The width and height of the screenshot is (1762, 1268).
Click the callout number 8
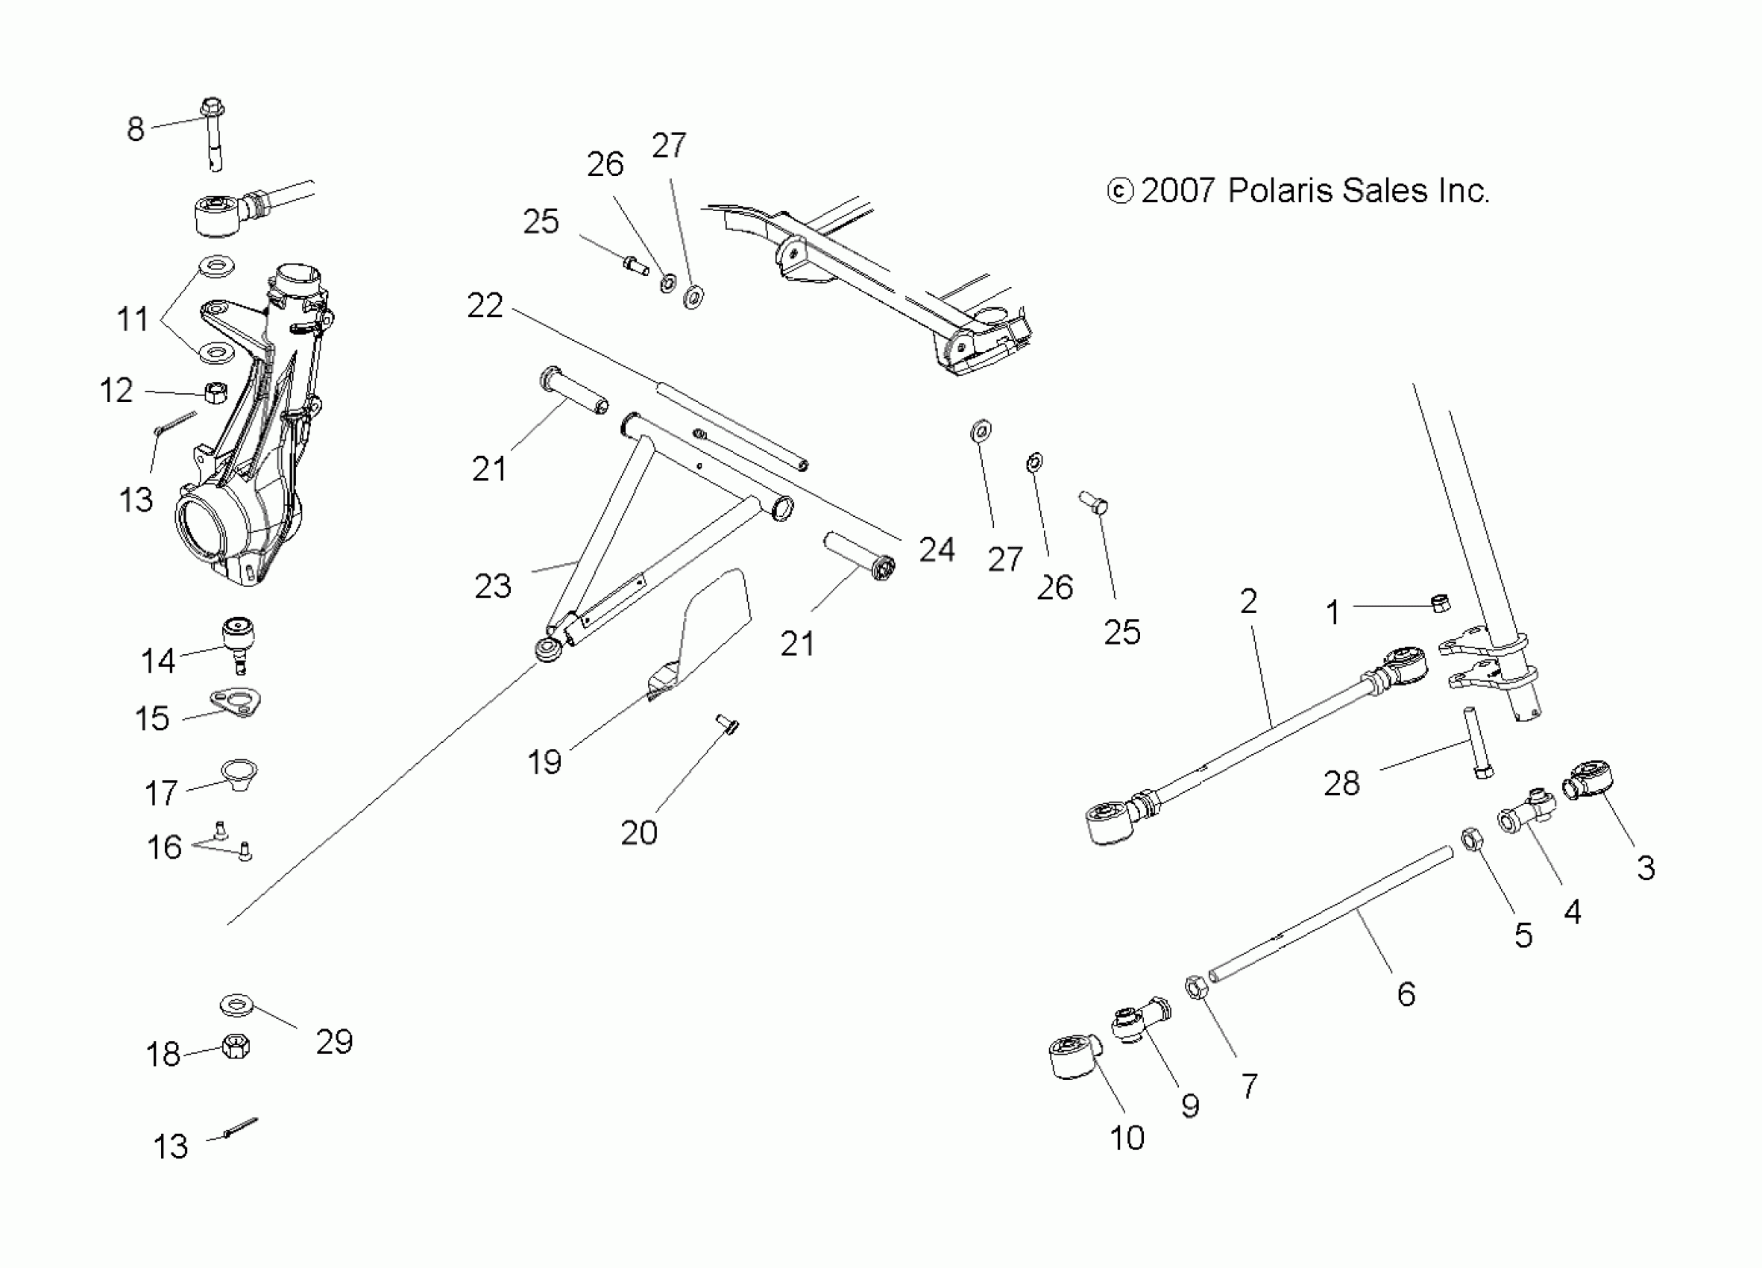pos(135,129)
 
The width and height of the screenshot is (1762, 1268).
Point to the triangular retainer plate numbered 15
pos(236,703)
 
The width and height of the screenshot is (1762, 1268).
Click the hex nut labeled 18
pos(236,1046)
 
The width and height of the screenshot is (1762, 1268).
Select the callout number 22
pos(485,306)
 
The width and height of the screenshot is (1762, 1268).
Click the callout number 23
pos(493,586)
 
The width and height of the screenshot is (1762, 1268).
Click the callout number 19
pos(544,762)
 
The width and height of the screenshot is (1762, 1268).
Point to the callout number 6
pos(1406,994)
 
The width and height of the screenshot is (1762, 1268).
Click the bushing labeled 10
pos(1074,1058)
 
